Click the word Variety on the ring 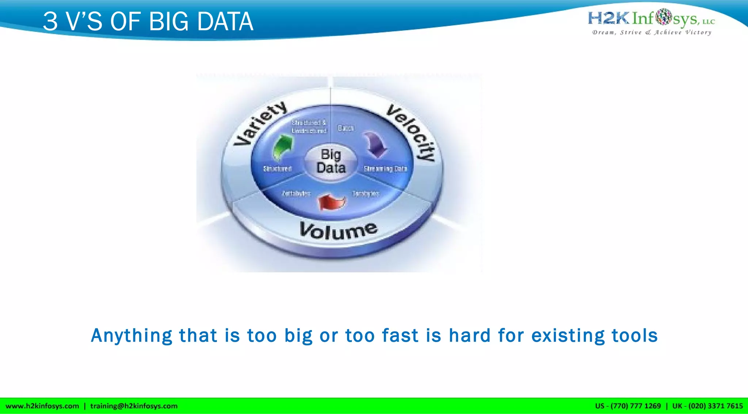click(260, 123)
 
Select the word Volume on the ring click(338, 231)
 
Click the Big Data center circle click(331, 161)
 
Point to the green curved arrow click(283, 146)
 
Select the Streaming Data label click(385, 169)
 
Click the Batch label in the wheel click(346, 128)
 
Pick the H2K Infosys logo click(651, 18)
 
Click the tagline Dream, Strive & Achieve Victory click(652, 32)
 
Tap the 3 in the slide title click(50, 22)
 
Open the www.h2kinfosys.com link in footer click(42, 406)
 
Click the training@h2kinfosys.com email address click(134, 406)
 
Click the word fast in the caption click(400, 336)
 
